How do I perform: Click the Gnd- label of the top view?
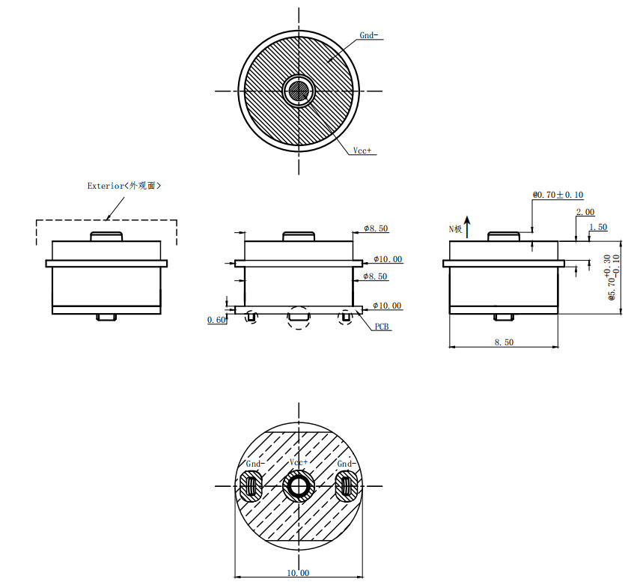368,35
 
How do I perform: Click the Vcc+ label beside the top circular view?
362,151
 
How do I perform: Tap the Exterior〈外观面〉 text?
124,186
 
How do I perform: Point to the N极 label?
455,229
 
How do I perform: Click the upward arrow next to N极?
467,227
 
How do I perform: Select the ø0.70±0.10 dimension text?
558,195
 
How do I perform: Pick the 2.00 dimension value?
585,212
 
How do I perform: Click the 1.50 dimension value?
598,227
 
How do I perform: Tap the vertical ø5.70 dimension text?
612,278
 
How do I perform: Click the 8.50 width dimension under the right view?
504,342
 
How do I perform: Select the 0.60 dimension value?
216,320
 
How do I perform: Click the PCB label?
382,327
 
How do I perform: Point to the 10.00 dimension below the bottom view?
298,573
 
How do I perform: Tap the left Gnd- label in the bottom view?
255,464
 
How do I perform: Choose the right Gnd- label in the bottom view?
347,464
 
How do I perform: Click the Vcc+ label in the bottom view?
299,462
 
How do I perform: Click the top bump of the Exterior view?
106,236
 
